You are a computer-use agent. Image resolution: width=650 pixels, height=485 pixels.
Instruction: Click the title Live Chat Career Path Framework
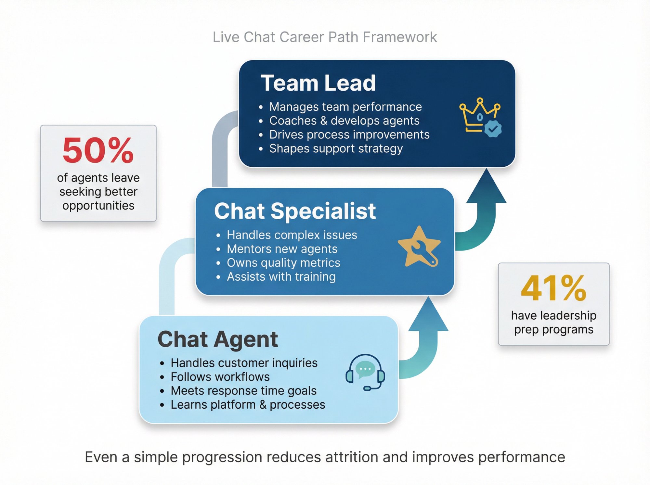click(x=324, y=37)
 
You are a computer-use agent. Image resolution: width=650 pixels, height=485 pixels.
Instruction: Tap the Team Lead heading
click(x=318, y=83)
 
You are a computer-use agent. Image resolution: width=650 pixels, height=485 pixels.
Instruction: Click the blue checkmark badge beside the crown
click(x=493, y=129)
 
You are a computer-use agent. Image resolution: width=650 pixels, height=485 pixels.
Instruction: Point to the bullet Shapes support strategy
click(x=336, y=148)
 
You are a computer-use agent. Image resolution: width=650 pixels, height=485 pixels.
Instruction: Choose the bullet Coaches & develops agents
click(x=344, y=121)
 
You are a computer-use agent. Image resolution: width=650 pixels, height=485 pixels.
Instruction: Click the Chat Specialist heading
click(x=295, y=211)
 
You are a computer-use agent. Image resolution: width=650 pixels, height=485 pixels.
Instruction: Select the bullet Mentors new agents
click(x=282, y=249)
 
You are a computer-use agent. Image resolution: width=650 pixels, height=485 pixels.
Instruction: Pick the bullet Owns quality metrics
click(x=283, y=263)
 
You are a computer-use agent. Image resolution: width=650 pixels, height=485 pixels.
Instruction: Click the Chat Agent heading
click(x=217, y=339)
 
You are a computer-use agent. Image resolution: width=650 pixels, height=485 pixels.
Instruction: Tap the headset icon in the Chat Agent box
click(x=365, y=372)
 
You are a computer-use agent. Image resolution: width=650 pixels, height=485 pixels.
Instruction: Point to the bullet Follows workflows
click(x=220, y=377)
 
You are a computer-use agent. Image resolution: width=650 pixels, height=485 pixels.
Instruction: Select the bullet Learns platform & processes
click(x=248, y=405)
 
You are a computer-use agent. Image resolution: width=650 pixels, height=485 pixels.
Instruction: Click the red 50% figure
click(x=98, y=150)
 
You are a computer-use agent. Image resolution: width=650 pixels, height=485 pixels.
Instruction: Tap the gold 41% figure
click(x=553, y=288)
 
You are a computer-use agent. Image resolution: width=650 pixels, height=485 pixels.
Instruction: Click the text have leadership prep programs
click(x=553, y=322)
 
